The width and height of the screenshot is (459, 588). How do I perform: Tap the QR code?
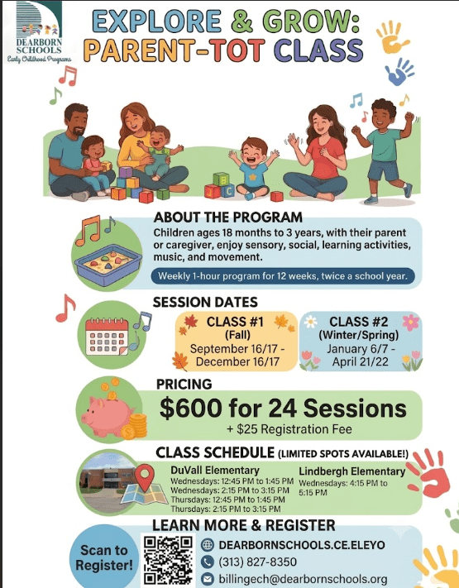pyautogui.click(x=169, y=560)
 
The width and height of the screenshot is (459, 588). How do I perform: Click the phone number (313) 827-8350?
pyautogui.click(x=258, y=562)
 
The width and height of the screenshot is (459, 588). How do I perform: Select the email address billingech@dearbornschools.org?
pyautogui.click(x=303, y=579)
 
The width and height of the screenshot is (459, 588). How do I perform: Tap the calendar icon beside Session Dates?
pyautogui.click(x=107, y=337)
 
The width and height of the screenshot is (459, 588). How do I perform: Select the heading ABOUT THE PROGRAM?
pyautogui.click(x=228, y=218)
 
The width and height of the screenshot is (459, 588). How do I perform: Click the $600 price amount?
pyautogui.click(x=191, y=408)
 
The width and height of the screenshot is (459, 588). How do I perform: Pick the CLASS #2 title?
pyautogui.click(x=359, y=322)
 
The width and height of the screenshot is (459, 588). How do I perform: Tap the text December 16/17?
pyautogui.click(x=237, y=361)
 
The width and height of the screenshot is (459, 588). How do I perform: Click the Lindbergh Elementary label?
pyautogui.click(x=352, y=471)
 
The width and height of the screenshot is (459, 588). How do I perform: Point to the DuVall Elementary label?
pyautogui.click(x=215, y=470)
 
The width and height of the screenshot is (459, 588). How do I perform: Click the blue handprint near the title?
pyautogui.click(x=399, y=72)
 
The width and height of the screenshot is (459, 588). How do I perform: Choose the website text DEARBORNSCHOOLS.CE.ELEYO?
pyautogui.click(x=302, y=545)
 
